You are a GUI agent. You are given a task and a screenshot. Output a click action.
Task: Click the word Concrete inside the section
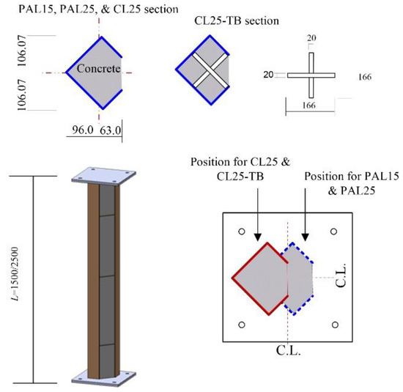(89, 70)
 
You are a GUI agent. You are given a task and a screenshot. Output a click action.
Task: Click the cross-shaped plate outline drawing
(311, 74)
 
